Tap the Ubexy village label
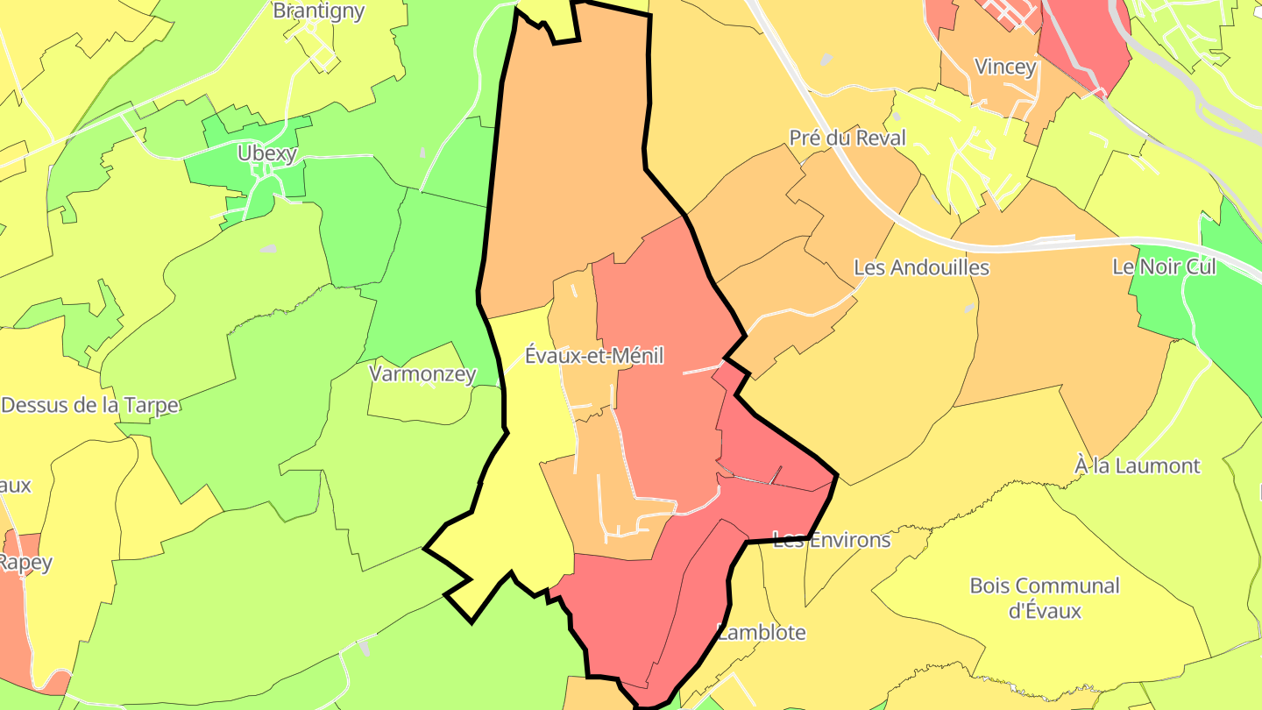click(x=267, y=153)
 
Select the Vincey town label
click(x=1005, y=67)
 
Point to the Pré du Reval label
click(x=847, y=138)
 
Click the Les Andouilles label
click(x=921, y=267)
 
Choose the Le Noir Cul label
click(x=1164, y=266)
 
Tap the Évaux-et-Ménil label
click(x=593, y=355)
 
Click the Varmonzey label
click(x=422, y=374)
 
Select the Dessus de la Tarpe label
click(x=89, y=405)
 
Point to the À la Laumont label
click(x=1137, y=465)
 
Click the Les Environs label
click(x=832, y=540)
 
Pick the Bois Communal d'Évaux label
click(x=1045, y=598)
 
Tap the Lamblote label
click(x=761, y=632)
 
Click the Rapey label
click(x=25, y=562)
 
